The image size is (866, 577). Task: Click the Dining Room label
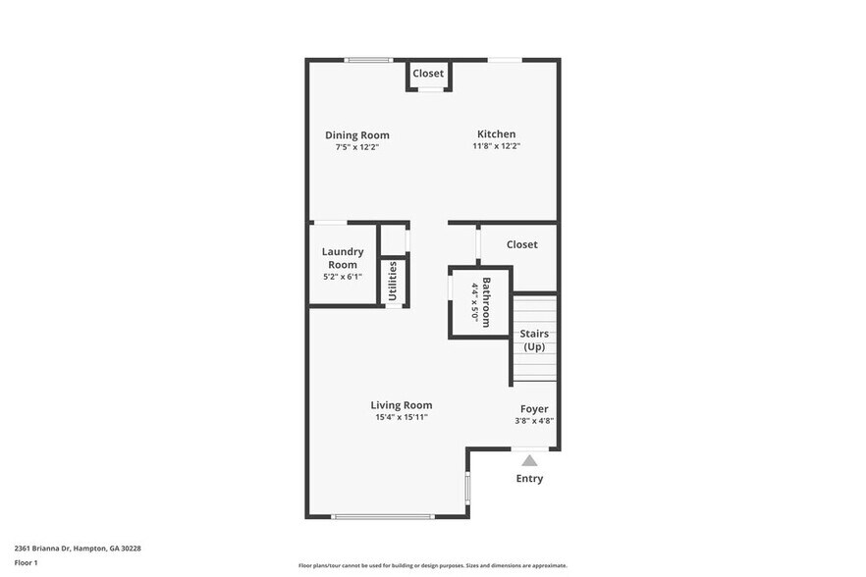tap(356, 135)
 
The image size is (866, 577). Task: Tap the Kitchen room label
tap(496, 134)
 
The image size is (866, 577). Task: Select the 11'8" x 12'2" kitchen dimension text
tap(496, 146)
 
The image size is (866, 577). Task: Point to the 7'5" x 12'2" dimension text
tap(356, 147)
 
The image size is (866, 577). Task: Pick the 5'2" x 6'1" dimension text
tap(343, 276)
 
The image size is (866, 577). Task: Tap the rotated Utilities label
tap(393, 280)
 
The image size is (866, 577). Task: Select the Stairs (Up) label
tap(534, 341)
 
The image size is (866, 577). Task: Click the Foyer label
tap(534, 408)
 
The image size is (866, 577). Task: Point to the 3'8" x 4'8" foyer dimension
tap(534, 421)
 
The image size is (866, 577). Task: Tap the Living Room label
tap(401, 405)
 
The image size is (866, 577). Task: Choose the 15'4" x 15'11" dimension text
tap(401, 417)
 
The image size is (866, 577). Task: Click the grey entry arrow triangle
tap(529, 460)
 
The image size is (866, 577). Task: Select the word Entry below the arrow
tap(529, 479)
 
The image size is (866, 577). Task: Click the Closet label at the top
tap(427, 74)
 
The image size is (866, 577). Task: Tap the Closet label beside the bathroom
tap(521, 244)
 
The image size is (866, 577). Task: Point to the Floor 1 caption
tap(26, 562)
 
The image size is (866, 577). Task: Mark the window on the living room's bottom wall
tap(382, 516)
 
